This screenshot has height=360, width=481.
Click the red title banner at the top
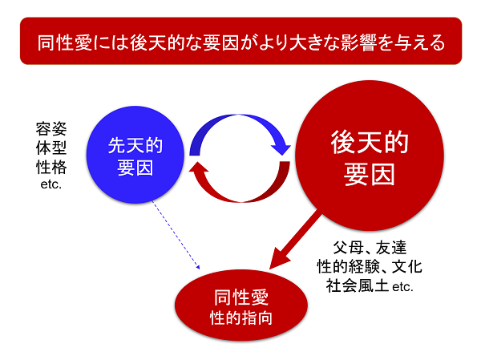click(240, 41)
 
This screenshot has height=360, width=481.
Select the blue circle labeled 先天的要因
click(135, 155)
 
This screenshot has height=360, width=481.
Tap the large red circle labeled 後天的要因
click(370, 156)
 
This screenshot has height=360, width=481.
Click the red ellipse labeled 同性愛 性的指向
click(241, 305)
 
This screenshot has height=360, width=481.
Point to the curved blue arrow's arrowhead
click(281, 149)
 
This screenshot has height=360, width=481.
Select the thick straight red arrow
click(295, 241)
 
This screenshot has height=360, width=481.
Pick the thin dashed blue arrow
click(176, 235)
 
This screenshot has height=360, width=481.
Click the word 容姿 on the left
click(51, 129)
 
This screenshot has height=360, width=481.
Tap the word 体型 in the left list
click(51, 148)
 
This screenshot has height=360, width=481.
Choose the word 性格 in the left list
click(51, 168)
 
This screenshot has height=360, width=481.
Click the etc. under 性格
click(51, 184)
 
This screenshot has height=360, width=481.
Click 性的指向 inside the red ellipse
click(241, 318)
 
